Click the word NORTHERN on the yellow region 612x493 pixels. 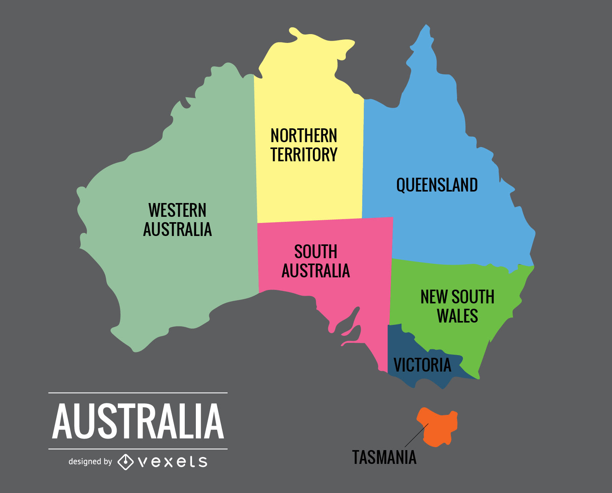(x=304, y=136)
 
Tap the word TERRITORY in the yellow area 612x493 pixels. (x=304, y=155)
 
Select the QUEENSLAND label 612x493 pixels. (x=437, y=185)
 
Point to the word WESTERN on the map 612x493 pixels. (x=177, y=210)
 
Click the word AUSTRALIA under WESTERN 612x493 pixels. (x=177, y=229)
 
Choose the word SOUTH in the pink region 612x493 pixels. (x=316, y=252)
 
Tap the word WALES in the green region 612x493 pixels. (x=457, y=316)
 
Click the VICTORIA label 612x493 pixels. (x=422, y=365)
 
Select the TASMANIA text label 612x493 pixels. (x=384, y=457)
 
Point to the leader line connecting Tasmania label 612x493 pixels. (x=416, y=436)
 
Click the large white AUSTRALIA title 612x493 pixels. (x=138, y=421)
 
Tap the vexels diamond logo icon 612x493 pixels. (x=125, y=462)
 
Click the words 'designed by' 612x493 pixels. (x=90, y=462)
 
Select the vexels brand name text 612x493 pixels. (x=173, y=462)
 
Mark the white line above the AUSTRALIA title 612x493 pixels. (x=138, y=393)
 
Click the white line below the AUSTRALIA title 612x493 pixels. (x=138, y=449)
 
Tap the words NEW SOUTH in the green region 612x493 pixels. (x=457, y=297)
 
